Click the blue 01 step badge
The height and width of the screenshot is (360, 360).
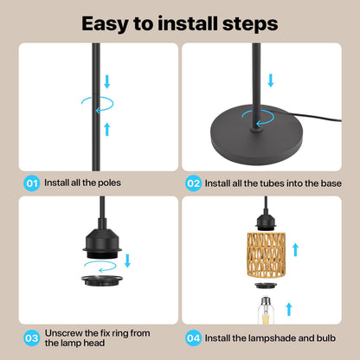pyautogui.click(x=32, y=183)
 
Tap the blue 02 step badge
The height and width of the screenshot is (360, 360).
pyautogui.click(x=193, y=183)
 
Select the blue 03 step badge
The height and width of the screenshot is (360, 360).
pyautogui.click(x=32, y=338)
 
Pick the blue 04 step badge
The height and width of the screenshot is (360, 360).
pyautogui.click(x=193, y=338)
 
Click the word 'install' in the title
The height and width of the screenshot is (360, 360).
pyautogui.click(x=188, y=23)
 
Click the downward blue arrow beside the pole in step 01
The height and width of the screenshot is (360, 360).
pyautogui.click(x=107, y=81)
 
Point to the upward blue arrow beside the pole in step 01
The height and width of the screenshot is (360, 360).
pyautogui.click(x=107, y=129)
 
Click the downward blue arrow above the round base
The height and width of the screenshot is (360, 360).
pyautogui.click(x=271, y=80)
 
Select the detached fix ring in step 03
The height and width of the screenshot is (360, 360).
pyautogui.click(x=102, y=280)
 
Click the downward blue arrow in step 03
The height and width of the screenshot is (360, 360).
pyautogui.click(x=127, y=260)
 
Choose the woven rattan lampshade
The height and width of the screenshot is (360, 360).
pyautogui.click(x=266, y=254)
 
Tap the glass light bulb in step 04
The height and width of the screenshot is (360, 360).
pyautogui.click(x=266, y=311)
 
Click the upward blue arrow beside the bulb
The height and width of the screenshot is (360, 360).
pyautogui.click(x=289, y=309)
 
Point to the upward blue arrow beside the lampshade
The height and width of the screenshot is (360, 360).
pyautogui.click(x=295, y=249)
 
